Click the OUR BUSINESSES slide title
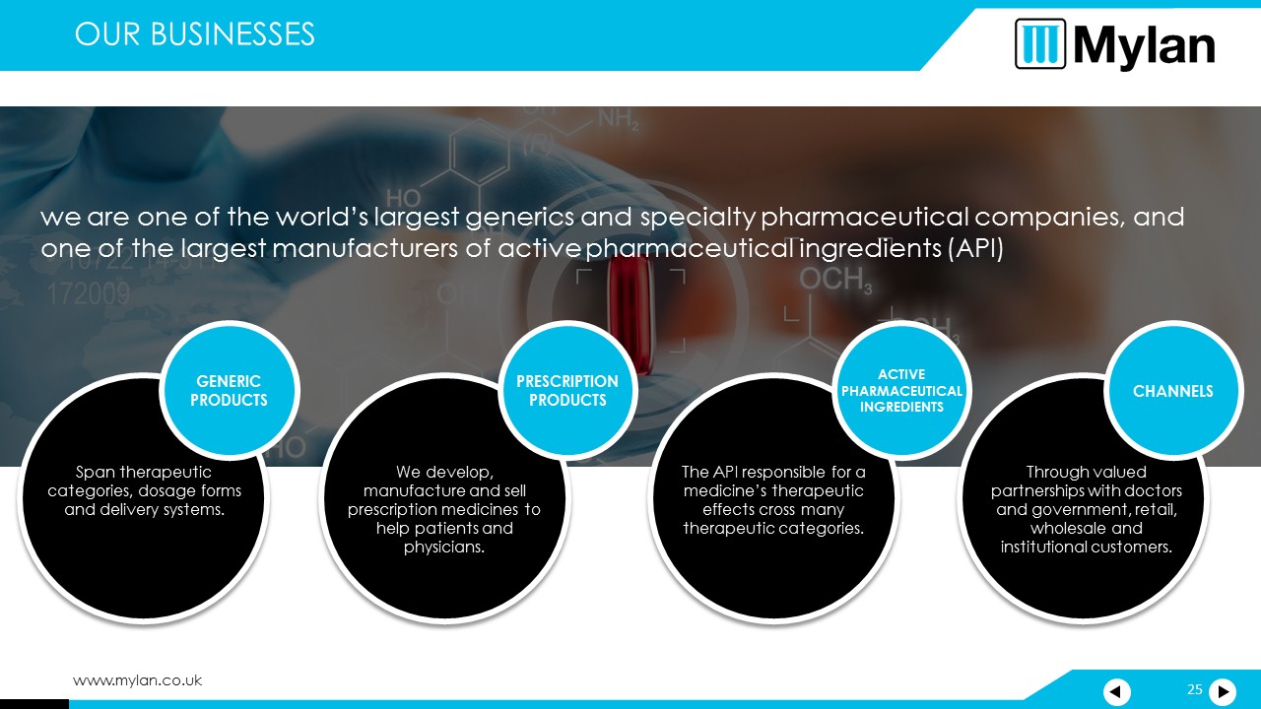pyautogui.click(x=194, y=34)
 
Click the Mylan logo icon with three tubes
pyautogui.click(x=1040, y=44)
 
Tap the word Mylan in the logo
pyautogui.click(x=1144, y=46)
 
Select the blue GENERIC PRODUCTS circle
pyautogui.click(x=230, y=391)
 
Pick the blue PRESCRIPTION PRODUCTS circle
pyautogui.click(x=567, y=391)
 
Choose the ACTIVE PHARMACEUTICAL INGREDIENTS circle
pyautogui.click(x=901, y=391)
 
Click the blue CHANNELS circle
pyautogui.click(x=1173, y=391)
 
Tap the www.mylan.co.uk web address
pyautogui.click(x=137, y=680)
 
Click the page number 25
pyautogui.click(x=1195, y=689)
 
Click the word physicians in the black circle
pyautogui.click(x=443, y=547)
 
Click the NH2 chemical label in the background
pyautogui.click(x=618, y=120)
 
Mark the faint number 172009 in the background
pyautogui.click(x=89, y=293)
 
